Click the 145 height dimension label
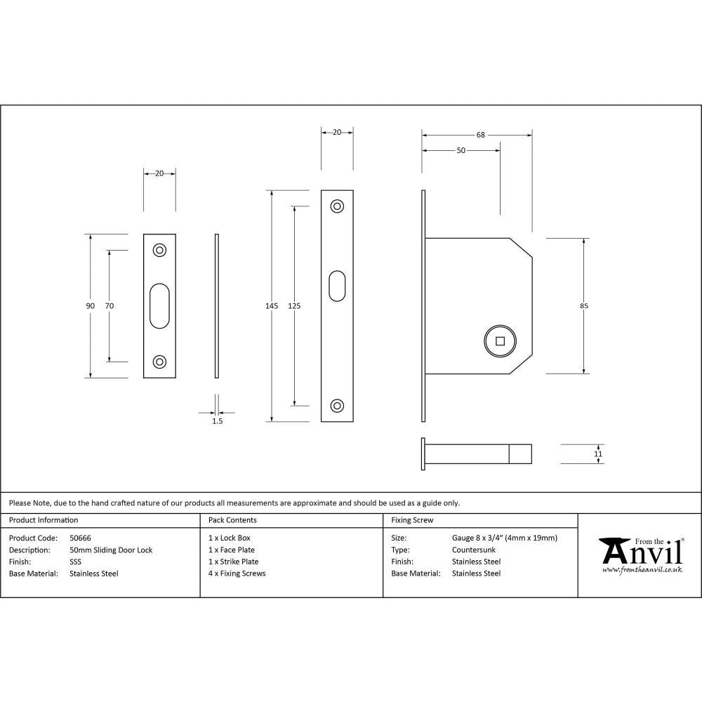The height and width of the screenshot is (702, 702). [272, 306]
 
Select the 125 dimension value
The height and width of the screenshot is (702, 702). [294, 306]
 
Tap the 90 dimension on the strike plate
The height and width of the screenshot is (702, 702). [90, 306]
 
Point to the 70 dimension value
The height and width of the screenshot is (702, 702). [109, 306]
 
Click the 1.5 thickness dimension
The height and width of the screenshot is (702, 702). [217, 421]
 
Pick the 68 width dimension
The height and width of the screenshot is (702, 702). [481, 135]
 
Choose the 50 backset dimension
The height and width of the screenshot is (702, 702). [461, 151]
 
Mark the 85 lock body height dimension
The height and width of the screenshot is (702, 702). [584, 306]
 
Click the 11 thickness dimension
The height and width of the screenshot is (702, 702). [598, 454]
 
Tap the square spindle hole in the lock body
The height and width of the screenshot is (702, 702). [500, 341]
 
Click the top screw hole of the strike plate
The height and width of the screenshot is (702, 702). [159, 250]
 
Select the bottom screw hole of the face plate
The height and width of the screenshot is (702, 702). [337, 406]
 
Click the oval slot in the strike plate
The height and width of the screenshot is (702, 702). [159, 306]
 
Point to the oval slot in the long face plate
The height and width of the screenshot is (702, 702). [337, 286]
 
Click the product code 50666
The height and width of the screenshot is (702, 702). [80, 538]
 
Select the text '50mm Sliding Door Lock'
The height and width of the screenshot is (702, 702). [111, 550]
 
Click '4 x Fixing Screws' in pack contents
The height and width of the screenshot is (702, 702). [237, 574]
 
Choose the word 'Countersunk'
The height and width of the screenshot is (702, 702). [471, 550]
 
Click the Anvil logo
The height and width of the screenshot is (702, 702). [640, 555]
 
